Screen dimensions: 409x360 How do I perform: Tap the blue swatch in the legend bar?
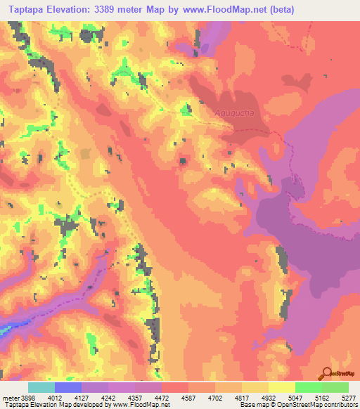click(68, 387)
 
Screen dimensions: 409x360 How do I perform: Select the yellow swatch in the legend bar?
click(281, 387)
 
